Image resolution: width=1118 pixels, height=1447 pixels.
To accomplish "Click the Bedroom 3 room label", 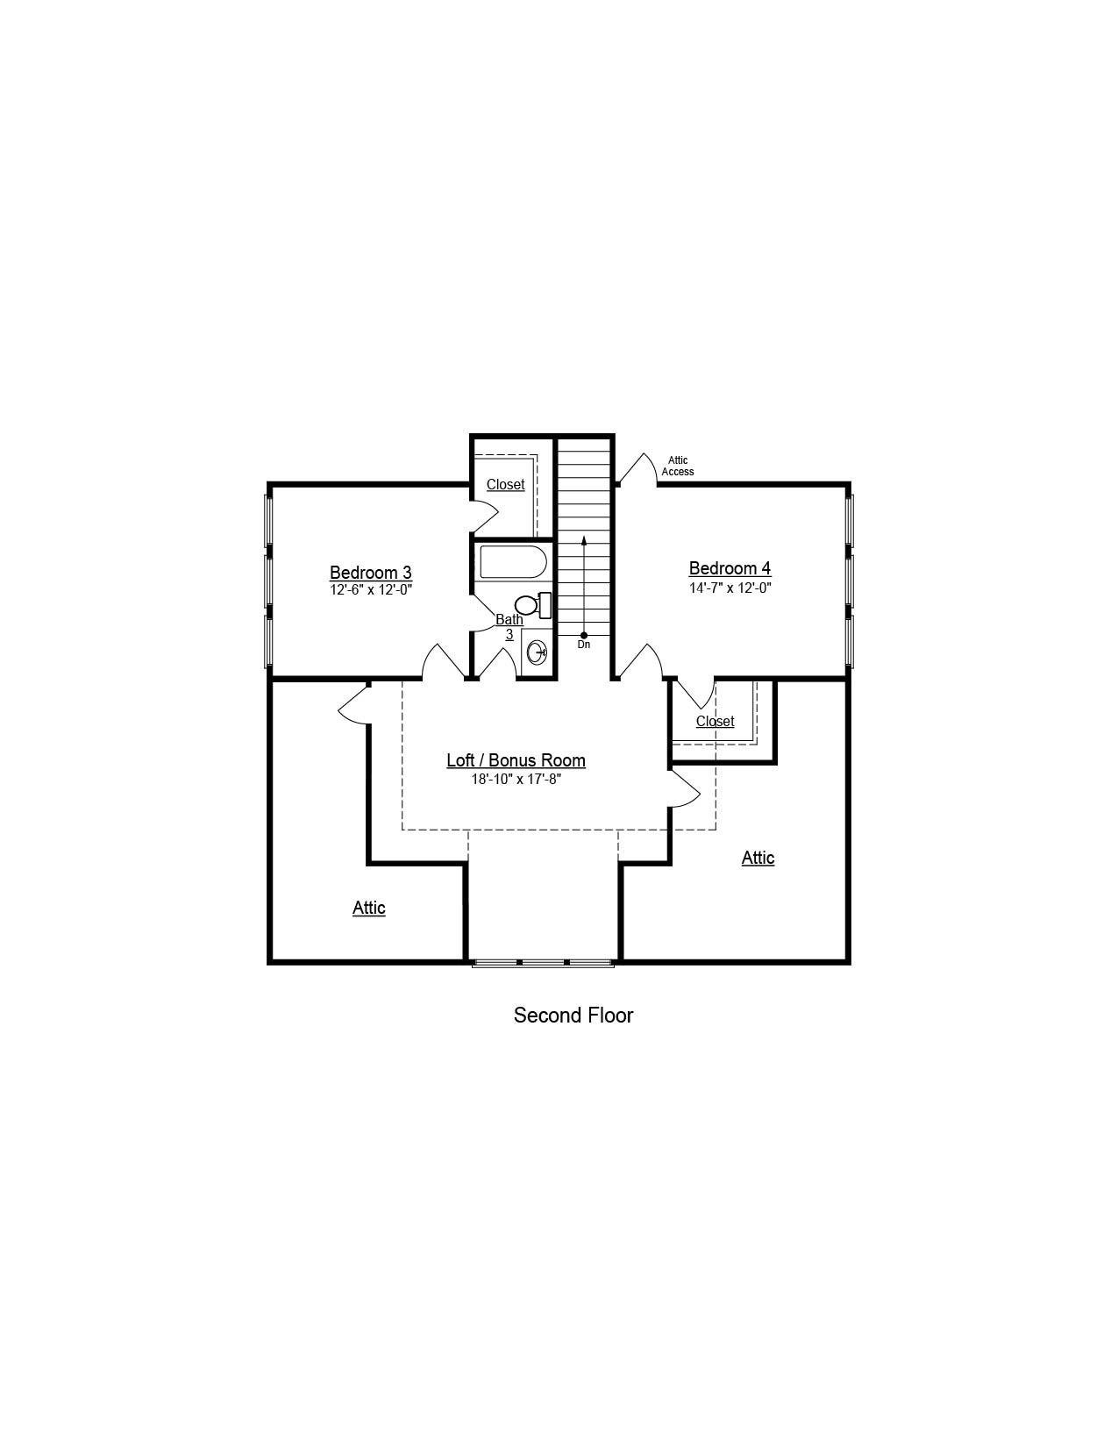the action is [370, 572].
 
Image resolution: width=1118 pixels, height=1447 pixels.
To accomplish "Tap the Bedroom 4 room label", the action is [730, 568].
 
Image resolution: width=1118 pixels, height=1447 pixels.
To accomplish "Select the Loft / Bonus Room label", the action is [516, 759].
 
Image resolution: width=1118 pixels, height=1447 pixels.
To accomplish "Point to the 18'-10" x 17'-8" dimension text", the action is [516, 779].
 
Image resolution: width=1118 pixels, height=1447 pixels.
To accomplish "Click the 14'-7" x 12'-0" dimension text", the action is [730, 588].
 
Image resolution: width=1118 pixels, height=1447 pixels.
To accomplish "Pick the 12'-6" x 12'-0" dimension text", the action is [371, 589].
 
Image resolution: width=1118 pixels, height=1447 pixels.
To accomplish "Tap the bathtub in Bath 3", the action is [513, 563].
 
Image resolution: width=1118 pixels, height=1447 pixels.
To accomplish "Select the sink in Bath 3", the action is [538, 652].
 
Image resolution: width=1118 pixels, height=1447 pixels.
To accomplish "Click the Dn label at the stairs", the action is [583, 645].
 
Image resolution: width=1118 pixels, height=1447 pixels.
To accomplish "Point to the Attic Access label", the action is [678, 467].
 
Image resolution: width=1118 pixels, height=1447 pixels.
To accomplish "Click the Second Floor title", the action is [573, 1015].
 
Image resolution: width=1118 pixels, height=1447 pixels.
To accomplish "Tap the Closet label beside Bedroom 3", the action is [505, 484].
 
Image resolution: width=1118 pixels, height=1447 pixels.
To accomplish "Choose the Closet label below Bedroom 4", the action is [716, 721].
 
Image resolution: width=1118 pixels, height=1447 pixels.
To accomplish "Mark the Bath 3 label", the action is [509, 627].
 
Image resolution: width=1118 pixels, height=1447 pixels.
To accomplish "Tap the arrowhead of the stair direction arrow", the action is [584, 539].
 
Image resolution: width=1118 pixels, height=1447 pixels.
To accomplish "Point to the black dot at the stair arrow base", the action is [584, 635].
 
